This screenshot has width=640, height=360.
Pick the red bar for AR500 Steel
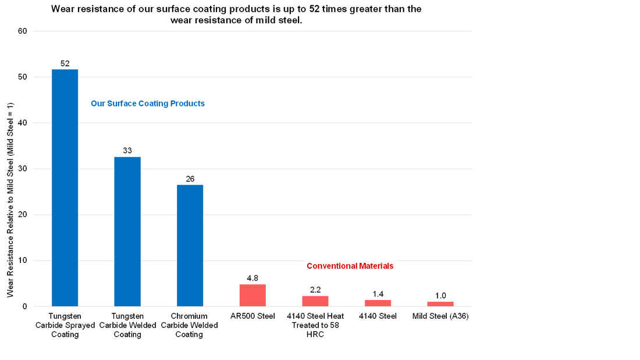click(x=253, y=295)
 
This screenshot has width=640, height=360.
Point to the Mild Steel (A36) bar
click(x=440, y=304)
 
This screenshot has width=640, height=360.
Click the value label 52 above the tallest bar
click(x=65, y=63)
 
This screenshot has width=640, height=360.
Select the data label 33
click(x=127, y=151)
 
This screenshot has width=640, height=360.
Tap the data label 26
click(x=190, y=179)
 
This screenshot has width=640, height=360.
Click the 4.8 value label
click(x=253, y=278)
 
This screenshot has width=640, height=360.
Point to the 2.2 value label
click(x=315, y=290)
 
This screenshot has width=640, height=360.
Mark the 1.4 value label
click(x=378, y=294)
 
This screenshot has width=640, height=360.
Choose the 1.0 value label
click(x=440, y=295)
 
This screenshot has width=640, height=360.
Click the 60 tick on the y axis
click(x=23, y=31)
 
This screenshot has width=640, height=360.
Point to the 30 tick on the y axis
click(x=23, y=169)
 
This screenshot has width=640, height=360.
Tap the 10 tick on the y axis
click(x=23, y=261)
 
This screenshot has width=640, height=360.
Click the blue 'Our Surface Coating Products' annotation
click(x=148, y=104)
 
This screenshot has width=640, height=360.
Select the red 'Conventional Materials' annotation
click(x=350, y=266)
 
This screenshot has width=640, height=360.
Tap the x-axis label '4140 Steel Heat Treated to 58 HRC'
click(x=315, y=325)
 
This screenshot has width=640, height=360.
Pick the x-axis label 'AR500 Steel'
click(x=253, y=316)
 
